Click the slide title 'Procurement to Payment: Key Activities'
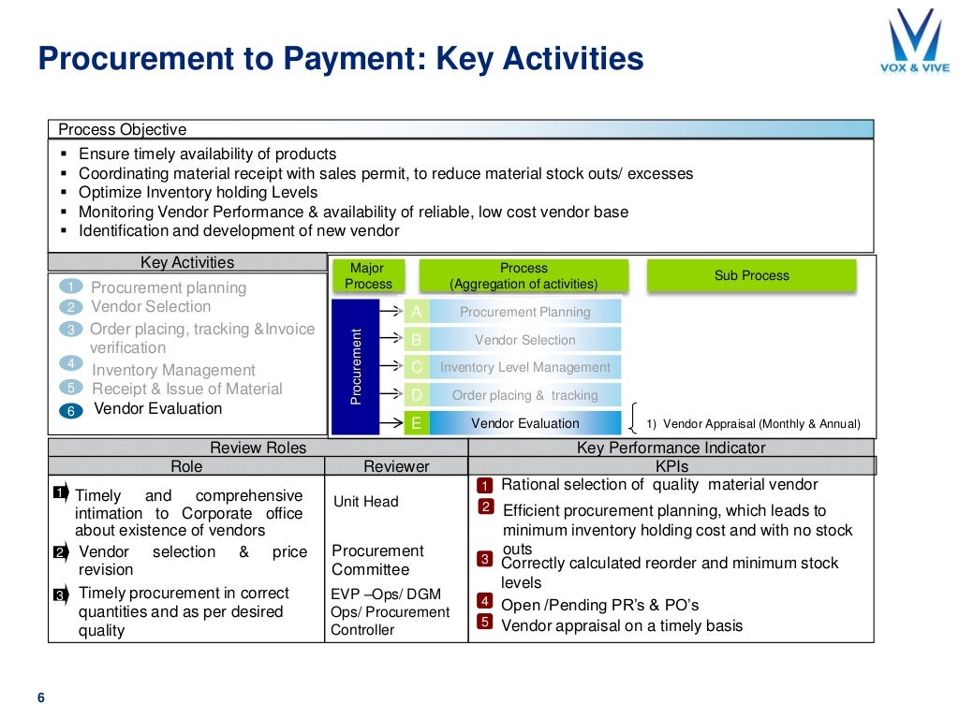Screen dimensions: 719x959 pyautogui.click(x=340, y=60)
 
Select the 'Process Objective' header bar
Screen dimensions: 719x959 pyautogui.click(x=461, y=129)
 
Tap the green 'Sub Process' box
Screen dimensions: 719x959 pyautogui.click(x=751, y=275)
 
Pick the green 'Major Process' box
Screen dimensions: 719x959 pyautogui.click(x=368, y=275)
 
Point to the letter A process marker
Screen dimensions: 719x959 pyautogui.click(x=416, y=312)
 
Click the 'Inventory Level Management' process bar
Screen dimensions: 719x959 pyautogui.click(x=524, y=368)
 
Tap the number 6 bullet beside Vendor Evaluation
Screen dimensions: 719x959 pyautogui.click(x=72, y=410)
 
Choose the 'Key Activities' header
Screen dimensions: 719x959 pyautogui.click(x=187, y=263)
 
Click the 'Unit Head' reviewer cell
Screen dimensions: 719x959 pyautogui.click(x=366, y=502)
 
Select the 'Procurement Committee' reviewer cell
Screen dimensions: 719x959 pyautogui.click(x=377, y=560)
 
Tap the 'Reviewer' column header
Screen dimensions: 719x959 pyautogui.click(x=396, y=466)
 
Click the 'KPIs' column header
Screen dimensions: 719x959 pyautogui.click(x=671, y=466)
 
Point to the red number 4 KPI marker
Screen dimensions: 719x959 pyautogui.click(x=485, y=601)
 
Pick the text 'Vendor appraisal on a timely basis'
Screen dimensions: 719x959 pyautogui.click(x=622, y=625)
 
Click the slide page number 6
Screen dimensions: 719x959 pyautogui.click(x=40, y=697)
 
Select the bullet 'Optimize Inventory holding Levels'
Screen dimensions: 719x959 pyautogui.click(x=198, y=192)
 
